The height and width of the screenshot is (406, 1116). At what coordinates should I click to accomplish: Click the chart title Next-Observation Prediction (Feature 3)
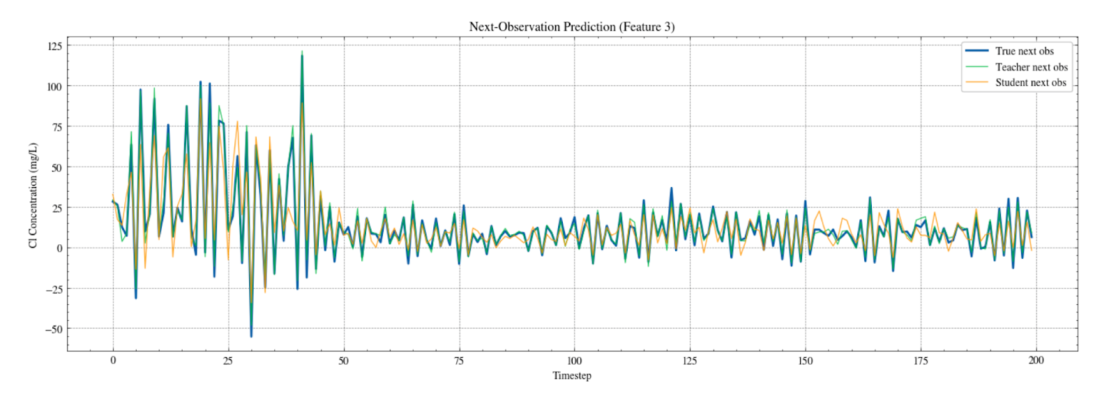[x=571, y=27]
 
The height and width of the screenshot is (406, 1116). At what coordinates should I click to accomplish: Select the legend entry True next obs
[x=1024, y=51]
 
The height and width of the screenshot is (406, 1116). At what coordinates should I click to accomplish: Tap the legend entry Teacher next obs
[x=1031, y=67]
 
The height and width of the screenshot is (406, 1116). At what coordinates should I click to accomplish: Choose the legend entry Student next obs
[x=1030, y=82]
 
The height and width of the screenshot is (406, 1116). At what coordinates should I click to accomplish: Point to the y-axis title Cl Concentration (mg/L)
[x=33, y=195]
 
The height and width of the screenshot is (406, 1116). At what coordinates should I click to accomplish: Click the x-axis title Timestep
[x=572, y=376]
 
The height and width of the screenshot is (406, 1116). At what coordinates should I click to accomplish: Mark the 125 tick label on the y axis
[x=54, y=47]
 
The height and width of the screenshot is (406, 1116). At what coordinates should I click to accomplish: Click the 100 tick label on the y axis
[x=54, y=87]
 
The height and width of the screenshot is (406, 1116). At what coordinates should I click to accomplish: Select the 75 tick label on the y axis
[x=56, y=127]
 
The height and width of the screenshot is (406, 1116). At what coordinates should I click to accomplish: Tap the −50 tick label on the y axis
[x=54, y=329]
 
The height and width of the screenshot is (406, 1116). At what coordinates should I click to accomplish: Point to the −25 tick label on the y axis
[x=54, y=289]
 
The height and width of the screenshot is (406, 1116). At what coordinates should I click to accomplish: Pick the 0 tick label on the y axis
[x=59, y=248]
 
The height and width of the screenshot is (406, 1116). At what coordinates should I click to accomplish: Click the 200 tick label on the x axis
[x=1036, y=361]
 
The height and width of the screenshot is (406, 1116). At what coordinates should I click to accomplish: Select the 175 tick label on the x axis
[x=921, y=361]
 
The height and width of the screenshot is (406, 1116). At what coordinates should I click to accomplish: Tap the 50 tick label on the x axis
[x=343, y=361]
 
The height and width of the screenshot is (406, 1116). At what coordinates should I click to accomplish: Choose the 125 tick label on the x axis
[x=690, y=361]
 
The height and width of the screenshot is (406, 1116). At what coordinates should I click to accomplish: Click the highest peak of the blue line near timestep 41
[x=302, y=56]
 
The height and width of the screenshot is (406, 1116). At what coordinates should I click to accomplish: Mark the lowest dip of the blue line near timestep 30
[x=251, y=336]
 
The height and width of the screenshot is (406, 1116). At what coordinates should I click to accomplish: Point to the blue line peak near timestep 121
[x=672, y=188]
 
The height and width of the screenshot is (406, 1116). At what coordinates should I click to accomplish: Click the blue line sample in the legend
[x=976, y=51]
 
